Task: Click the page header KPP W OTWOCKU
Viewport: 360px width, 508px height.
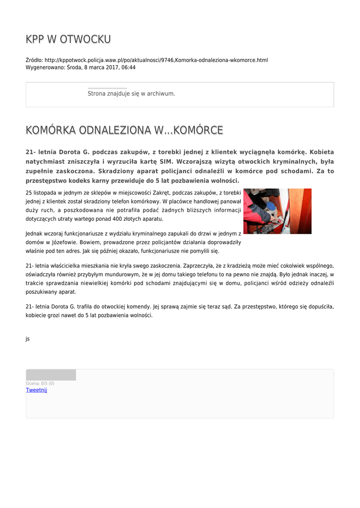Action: [68, 39]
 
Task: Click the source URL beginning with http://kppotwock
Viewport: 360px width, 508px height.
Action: [156, 60]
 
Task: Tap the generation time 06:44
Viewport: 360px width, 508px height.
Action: [129, 67]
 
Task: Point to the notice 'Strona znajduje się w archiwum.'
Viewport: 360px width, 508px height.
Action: [131, 93]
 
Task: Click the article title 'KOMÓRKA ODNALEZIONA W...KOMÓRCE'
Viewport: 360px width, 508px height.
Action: [124, 130]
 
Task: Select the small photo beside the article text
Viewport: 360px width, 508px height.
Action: [277, 211]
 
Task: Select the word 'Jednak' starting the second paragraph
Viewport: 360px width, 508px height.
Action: [34, 233]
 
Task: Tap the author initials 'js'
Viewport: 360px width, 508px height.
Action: [28, 339]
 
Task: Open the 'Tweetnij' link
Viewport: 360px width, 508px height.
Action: [36, 390]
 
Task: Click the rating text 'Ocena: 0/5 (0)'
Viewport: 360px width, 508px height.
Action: [40, 383]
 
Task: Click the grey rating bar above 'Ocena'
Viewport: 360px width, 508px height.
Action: [51, 375]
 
